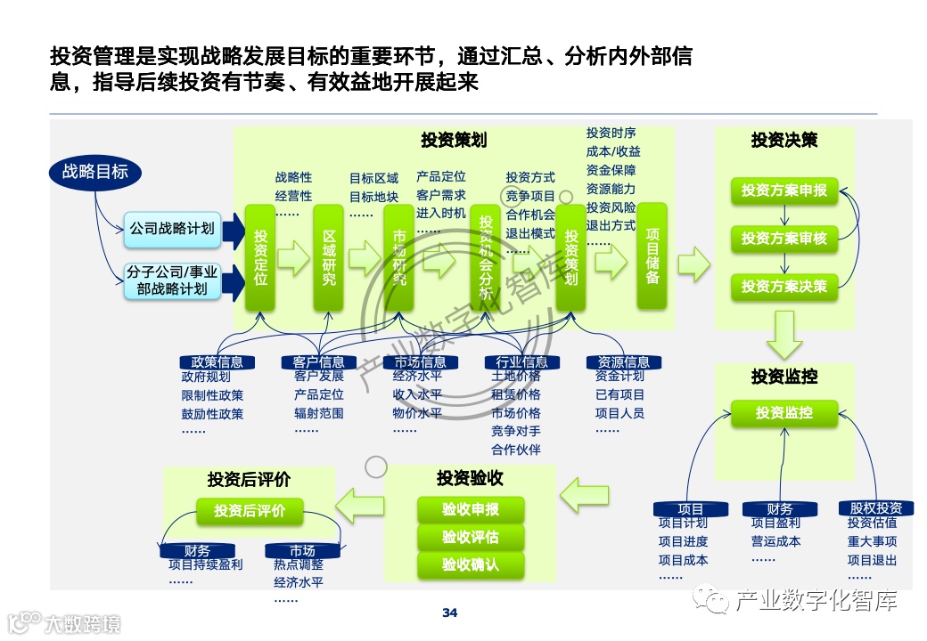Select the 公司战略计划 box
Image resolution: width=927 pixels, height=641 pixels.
pyautogui.click(x=172, y=229)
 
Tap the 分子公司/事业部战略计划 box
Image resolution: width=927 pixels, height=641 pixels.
pyautogui.click(x=172, y=280)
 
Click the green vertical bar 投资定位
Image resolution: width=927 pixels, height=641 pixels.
pyautogui.click(x=260, y=258)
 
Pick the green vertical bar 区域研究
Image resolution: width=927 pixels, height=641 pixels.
pyautogui.click(x=329, y=258)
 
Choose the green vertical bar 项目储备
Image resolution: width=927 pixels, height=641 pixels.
pyautogui.click(x=652, y=256)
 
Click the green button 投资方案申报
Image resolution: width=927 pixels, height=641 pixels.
pyautogui.click(x=784, y=191)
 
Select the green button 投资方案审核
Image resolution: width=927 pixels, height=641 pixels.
pyautogui.click(x=784, y=239)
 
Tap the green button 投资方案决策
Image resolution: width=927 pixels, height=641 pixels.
pyautogui.click(x=784, y=287)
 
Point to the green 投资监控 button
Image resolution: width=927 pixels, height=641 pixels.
pyautogui.click(x=784, y=413)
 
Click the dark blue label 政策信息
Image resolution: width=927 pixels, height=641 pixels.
pyautogui.click(x=217, y=362)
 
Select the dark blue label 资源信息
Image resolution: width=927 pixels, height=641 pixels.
pyautogui.click(x=624, y=362)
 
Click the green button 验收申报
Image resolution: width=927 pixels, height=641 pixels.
pyautogui.click(x=471, y=510)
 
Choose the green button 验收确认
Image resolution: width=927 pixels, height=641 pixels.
pyautogui.click(x=471, y=564)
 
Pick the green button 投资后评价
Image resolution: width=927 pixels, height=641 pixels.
pyautogui.click(x=250, y=511)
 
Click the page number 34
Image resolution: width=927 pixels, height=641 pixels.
pyautogui.click(x=450, y=613)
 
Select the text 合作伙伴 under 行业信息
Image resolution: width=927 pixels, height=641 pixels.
pyautogui.click(x=516, y=450)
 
